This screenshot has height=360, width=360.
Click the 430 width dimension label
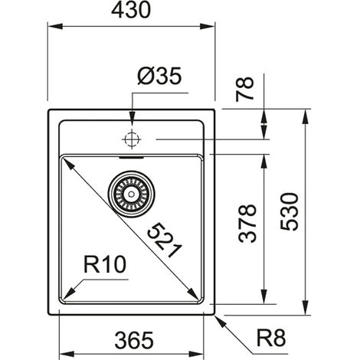[x=131, y=10]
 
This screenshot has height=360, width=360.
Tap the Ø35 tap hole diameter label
[x=159, y=76]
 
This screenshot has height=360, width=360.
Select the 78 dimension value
[x=245, y=89]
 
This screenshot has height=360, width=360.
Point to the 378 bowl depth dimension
[x=247, y=223]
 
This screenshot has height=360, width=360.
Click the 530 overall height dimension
[x=289, y=211]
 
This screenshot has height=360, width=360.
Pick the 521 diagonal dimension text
[x=165, y=241]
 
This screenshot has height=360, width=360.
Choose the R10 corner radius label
[x=105, y=264]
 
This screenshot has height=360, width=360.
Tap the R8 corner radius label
[x=271, y=338]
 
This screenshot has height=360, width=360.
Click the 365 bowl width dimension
[x=134, y=340]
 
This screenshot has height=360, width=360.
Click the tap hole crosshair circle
[x=132, y=139]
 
